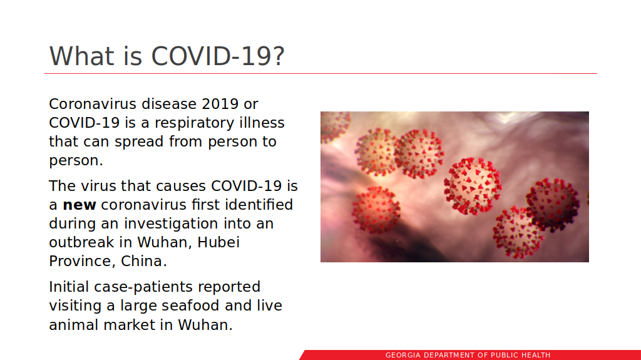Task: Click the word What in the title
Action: tap(81, 56)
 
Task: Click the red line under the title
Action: tap(320, 74)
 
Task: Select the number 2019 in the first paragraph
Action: tap(220, 104)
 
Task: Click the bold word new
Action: tap(79, 205)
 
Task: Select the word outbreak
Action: tap(81, 242)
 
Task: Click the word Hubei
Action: tap(218, 242)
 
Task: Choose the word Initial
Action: tap(69, 287)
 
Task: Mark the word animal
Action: tap(73, 325)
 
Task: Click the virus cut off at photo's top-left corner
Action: tap(335, 126)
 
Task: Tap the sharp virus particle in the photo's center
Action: tap(472, 186)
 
